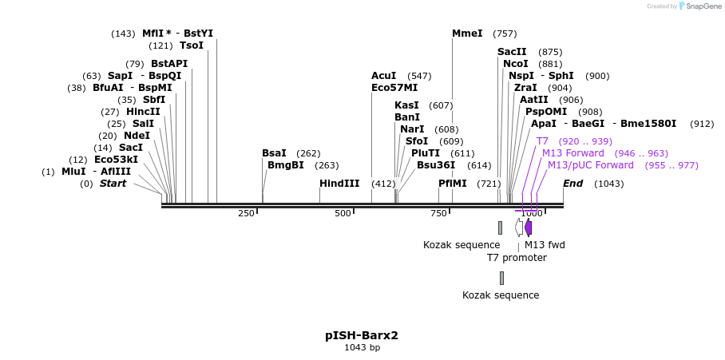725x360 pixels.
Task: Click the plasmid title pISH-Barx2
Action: click(x=362, y=335)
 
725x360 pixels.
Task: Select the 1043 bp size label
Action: click(x=362, y=348)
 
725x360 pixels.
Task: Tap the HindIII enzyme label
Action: click(x=339, y=184)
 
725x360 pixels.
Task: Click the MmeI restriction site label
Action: click(x=467, y=34)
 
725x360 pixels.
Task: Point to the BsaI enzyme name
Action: click(x=274, y=153)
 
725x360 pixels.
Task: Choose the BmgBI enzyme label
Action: click(x=285, y=165)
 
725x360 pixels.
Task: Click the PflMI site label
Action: click(x=452, y=184)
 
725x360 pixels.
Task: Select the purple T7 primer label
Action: click(x=542, y=141)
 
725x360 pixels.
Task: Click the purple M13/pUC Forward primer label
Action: click(x=590, y=165)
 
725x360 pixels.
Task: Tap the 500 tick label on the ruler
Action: click(x=343, y=213)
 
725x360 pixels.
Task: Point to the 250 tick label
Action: click(x=246, y=213)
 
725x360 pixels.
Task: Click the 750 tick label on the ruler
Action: click(x=439, y=213)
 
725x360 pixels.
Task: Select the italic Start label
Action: click(x=113, y=184)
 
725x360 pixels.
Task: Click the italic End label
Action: click(x=572, y=184)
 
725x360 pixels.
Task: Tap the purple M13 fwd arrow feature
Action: click(x=528, y=227)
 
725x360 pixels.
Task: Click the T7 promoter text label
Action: click(x=517, y=258)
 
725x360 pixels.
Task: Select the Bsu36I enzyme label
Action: click(x=435, y=165)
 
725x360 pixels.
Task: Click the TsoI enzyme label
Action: click(x=192, y=45)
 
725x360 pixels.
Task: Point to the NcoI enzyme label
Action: click(x=515, y=64)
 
